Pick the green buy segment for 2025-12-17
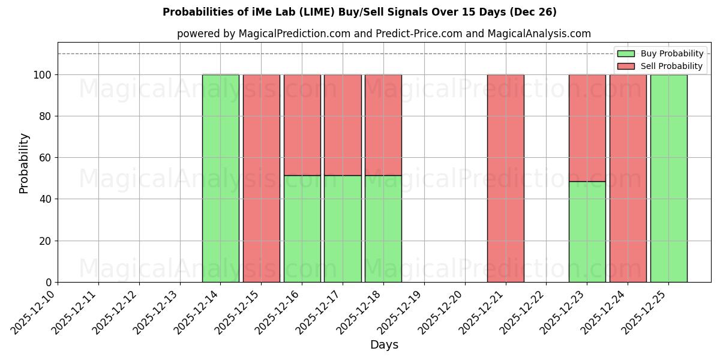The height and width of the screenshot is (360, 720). [343, 229]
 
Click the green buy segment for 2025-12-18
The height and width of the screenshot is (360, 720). [383, 229]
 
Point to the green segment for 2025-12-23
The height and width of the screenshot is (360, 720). [587, 232]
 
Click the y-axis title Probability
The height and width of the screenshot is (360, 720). [24, 163]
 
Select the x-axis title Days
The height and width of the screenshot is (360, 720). [384, 345]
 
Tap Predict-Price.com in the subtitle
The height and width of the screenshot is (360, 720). [419, 34]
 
